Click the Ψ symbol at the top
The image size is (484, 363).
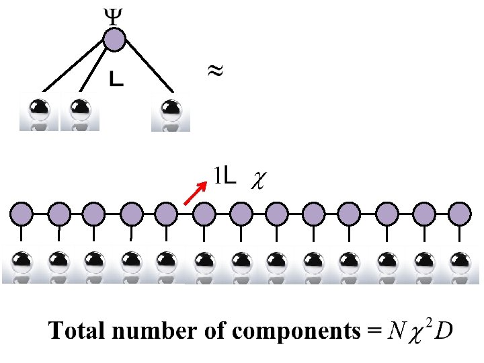114,16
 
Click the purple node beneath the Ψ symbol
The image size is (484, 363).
114,39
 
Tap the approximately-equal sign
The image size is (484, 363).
214,70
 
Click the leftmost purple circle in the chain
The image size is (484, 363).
22,214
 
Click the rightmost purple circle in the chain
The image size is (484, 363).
460,214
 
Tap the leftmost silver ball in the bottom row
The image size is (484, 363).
22,261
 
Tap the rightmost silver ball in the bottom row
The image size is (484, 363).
460,261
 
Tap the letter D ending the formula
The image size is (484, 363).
443,331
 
